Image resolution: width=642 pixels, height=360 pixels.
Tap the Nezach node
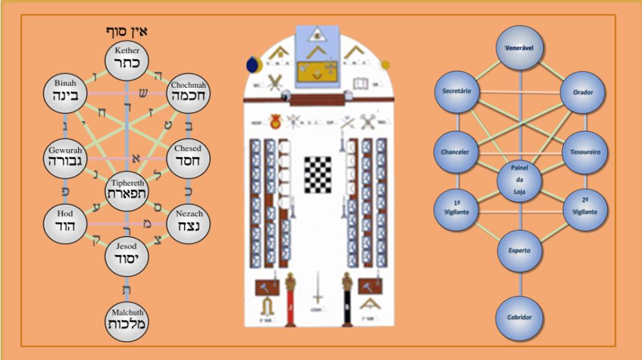pyautogui.click(x=189, y=221)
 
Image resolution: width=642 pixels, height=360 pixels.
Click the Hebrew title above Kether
pyautogui.click(x=126, y=31)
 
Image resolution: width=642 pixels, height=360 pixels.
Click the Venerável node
pyautogui.click(x=519, y=48)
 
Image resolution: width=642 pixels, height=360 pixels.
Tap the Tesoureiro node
pyautogui.click(x=584, y=152)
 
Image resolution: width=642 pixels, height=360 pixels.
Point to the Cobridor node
pyautogui.click(x=519, y=317)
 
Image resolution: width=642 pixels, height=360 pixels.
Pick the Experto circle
pyautogui.click(x=519, y=250)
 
